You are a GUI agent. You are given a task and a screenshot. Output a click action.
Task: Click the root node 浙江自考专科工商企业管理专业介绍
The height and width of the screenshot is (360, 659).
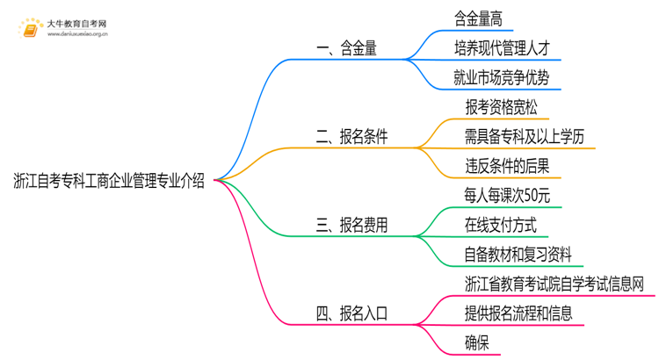click(x=109, y=182)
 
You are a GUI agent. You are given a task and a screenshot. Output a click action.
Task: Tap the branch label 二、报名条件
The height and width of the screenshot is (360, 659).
click(x=351, y=136)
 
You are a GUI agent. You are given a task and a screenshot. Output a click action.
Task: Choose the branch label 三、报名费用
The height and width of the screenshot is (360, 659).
click(x=351, y=225)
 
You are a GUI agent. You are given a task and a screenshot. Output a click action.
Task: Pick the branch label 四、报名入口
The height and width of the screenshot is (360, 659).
click(x=351, y=313)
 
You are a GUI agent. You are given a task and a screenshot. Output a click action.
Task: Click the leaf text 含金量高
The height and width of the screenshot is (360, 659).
click(x=478, y=18)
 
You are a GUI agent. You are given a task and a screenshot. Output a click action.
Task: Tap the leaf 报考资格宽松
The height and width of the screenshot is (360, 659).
click(x=501, y=107)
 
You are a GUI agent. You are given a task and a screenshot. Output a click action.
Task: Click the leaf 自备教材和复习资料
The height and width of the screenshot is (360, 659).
click(x=518, y=255)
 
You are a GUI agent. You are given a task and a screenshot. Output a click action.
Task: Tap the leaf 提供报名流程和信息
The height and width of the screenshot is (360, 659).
click(x=518, y=313)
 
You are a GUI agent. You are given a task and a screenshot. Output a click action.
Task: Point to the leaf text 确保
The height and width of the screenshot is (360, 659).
click(x=479, y=342)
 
